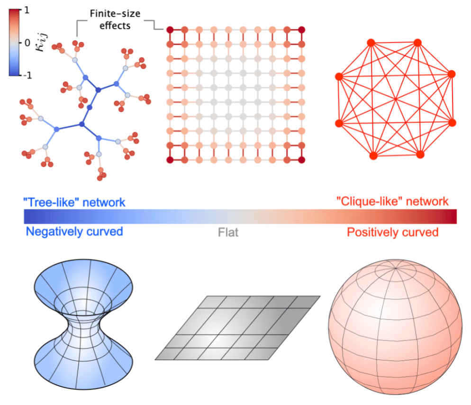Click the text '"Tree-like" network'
pyautogui.click(x=74, y=202)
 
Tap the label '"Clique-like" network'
pyautogui.click(x=393, y=202)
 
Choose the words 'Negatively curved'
pyautogui.click(x=74, y=232)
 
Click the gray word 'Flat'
pyautogui.click(x=228, y=232)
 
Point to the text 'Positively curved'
pyautogui.click(x=392, y=232)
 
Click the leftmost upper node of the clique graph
pyautogui.click(x=339, y=76)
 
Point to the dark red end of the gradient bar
pyautogui.click(x=453, y=216)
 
